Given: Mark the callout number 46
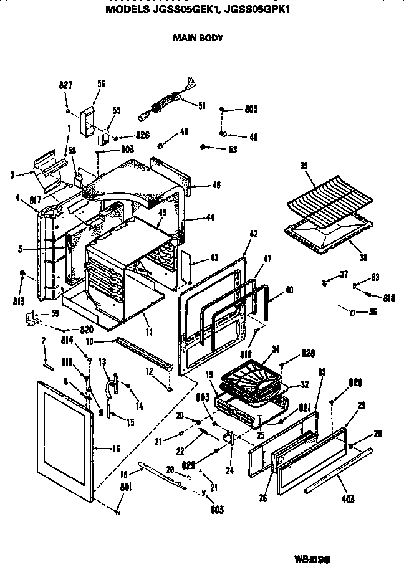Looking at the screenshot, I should [x=216, y=185].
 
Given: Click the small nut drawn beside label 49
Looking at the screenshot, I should [x=160, y=146].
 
